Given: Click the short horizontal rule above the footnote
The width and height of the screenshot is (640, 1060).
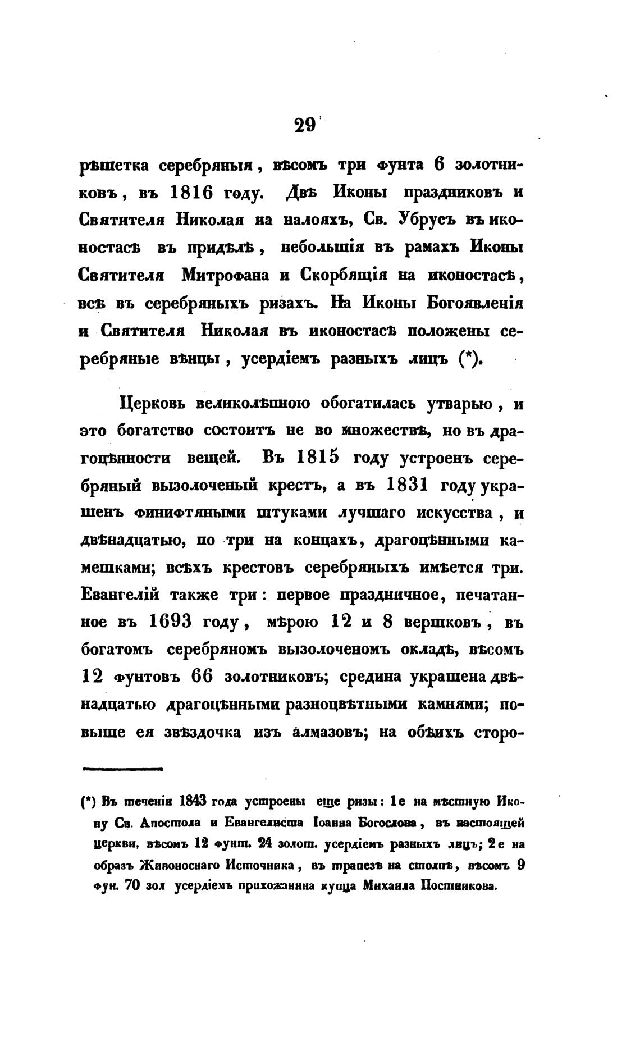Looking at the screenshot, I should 122,770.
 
